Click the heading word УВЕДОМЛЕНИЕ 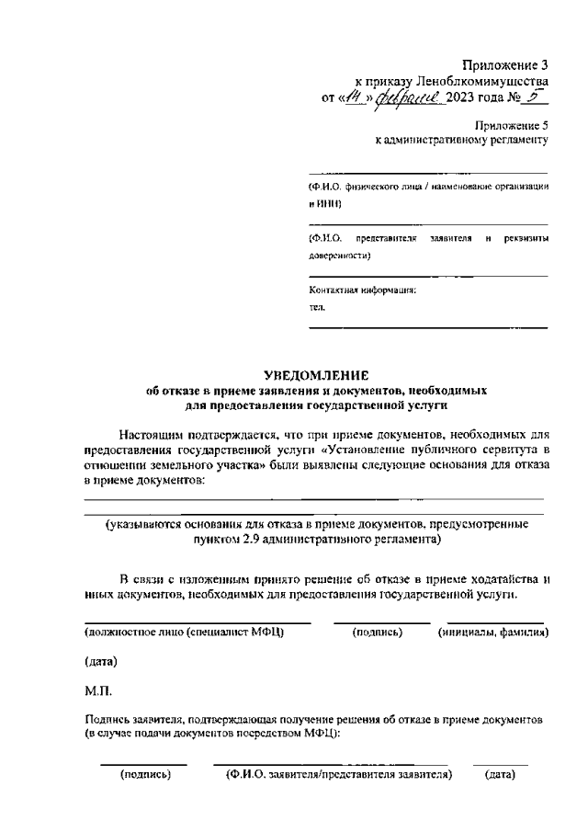point(315,375)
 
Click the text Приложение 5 point(511,124)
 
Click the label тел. point(316,310)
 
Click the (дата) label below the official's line point(101,661)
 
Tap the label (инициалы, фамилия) point(493,633)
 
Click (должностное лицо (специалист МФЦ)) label point(184,633)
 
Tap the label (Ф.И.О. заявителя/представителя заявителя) point(339,775)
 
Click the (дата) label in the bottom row point(499,775)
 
